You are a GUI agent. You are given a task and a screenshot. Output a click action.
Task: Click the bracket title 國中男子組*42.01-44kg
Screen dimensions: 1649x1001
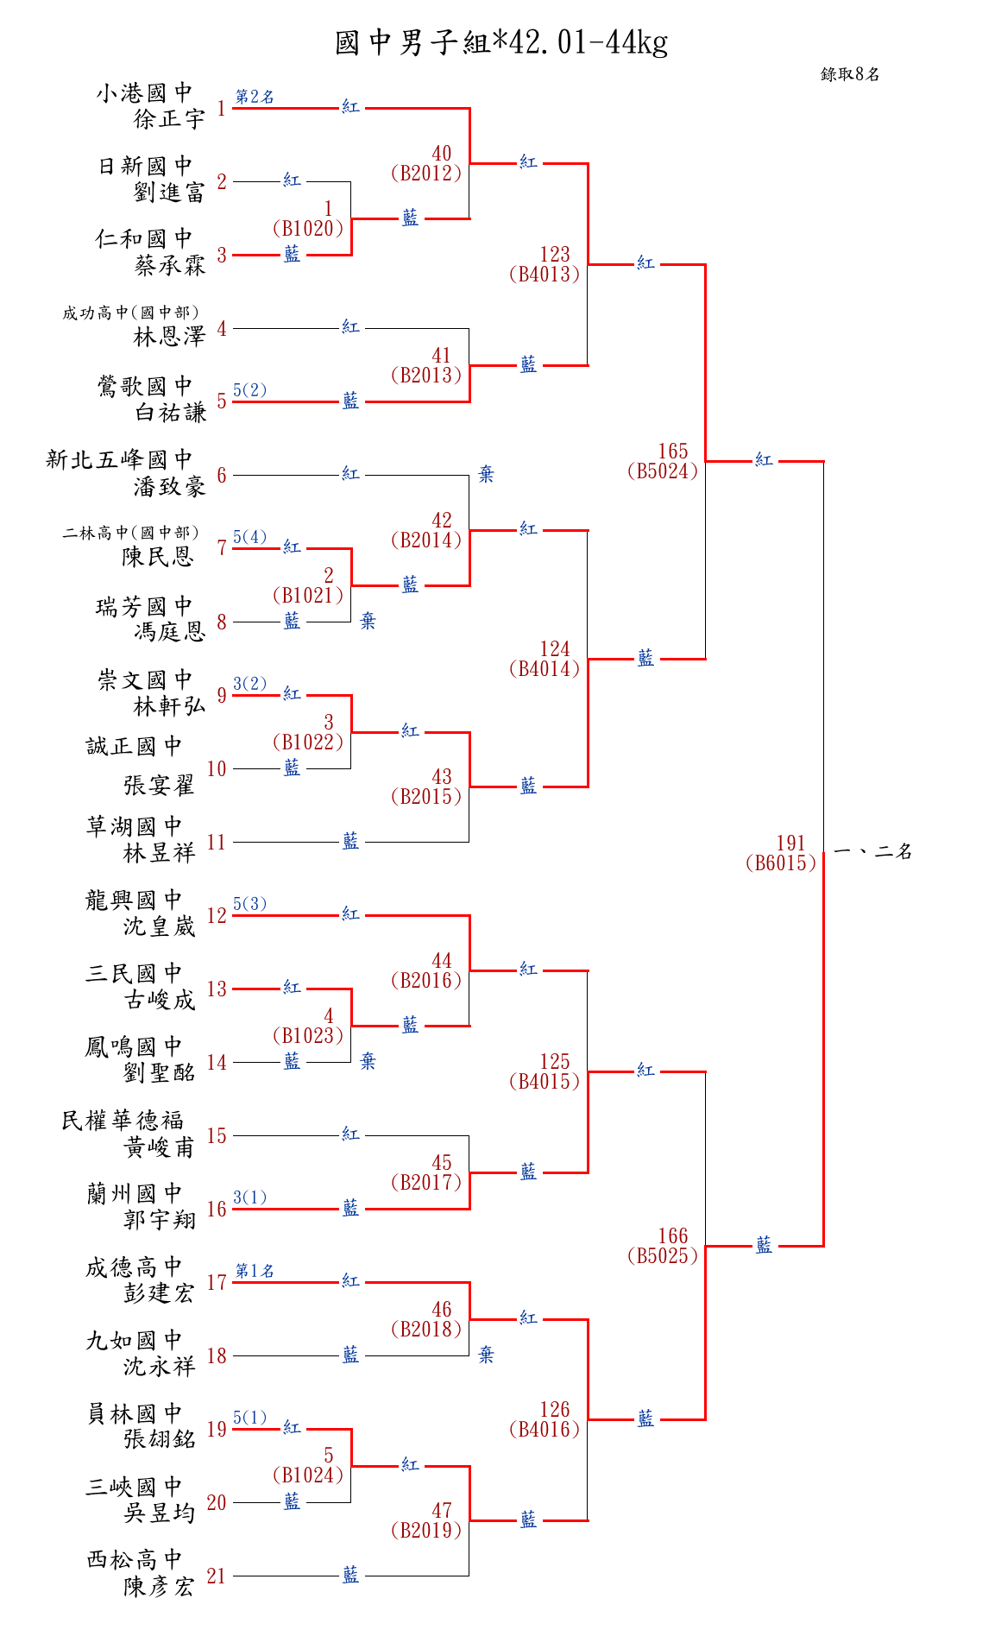[500, 42]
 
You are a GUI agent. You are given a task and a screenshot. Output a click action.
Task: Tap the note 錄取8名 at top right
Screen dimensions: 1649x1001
[849, 74]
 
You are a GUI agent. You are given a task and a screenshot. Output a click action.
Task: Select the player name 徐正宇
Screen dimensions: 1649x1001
[169, 119]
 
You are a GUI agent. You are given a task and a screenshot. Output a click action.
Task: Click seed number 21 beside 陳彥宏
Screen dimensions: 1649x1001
[216, 1576]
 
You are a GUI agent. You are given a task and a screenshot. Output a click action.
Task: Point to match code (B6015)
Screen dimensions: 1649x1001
[780, 862]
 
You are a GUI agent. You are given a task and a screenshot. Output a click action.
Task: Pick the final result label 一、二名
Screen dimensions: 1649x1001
[872, 852]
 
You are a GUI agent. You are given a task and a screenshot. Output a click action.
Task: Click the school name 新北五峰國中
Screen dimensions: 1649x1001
[119, 459]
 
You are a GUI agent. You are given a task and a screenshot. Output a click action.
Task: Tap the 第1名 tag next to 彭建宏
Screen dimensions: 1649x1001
[255, 1270]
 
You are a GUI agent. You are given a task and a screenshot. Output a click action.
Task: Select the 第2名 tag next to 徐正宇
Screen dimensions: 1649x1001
[255, 97]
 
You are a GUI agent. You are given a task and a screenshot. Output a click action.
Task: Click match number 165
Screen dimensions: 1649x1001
[673, 451]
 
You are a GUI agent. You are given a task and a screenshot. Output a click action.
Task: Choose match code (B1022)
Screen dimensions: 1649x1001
[308, 742]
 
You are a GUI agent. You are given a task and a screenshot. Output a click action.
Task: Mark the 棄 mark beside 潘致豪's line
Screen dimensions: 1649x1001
[486, 474]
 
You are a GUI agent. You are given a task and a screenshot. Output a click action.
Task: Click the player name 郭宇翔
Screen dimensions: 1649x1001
[160, 1220]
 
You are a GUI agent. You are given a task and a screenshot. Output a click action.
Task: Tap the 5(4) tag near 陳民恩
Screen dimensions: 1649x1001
[249, 537]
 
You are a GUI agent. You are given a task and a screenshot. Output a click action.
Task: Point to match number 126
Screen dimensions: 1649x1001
[555, 1409]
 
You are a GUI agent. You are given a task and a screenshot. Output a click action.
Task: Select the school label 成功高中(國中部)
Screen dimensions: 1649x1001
[130, 313]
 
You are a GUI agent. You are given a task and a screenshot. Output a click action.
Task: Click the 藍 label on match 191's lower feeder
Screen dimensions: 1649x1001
[764, 1245]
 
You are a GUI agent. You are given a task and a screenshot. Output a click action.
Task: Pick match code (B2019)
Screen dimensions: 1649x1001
[426, 1530]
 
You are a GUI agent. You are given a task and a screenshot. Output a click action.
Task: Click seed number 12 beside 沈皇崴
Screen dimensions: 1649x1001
[217, 915]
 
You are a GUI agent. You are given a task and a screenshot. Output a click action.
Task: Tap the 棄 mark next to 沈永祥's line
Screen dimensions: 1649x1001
[486, 1355]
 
